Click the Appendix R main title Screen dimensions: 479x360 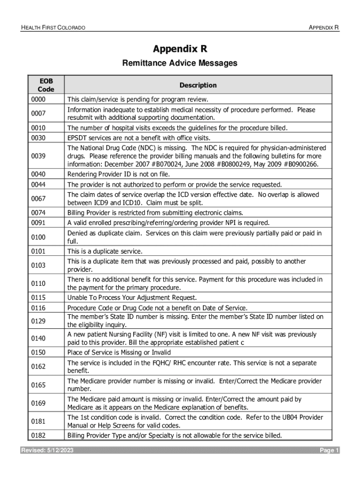(x=180, y=49)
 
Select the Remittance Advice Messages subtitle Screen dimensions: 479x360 (x=180, y=63)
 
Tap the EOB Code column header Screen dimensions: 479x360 (x=46, y=85)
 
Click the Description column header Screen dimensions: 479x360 (x=198, y=85)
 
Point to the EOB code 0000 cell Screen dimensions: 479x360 (x=38, y=100)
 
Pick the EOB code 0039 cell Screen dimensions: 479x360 (x=38, y=156)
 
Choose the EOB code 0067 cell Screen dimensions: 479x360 (x=38, y=199)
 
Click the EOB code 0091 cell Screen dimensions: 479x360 (x=38, y=223)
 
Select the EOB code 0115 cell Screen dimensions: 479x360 (x=38, y=298)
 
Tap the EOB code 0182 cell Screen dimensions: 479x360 (x=38, y=436)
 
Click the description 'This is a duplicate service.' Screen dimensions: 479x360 (x=105, y=251)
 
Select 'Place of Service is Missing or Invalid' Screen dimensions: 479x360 (x=119, y=352)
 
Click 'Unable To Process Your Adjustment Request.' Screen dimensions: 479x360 (x=132, y=298)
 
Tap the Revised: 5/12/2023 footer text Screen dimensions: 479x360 (x=47, y=450)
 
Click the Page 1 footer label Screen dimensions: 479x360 (x=329, y=450)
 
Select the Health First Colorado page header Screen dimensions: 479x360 (x=53, y=28)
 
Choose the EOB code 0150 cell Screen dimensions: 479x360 (x=38, y=352)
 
